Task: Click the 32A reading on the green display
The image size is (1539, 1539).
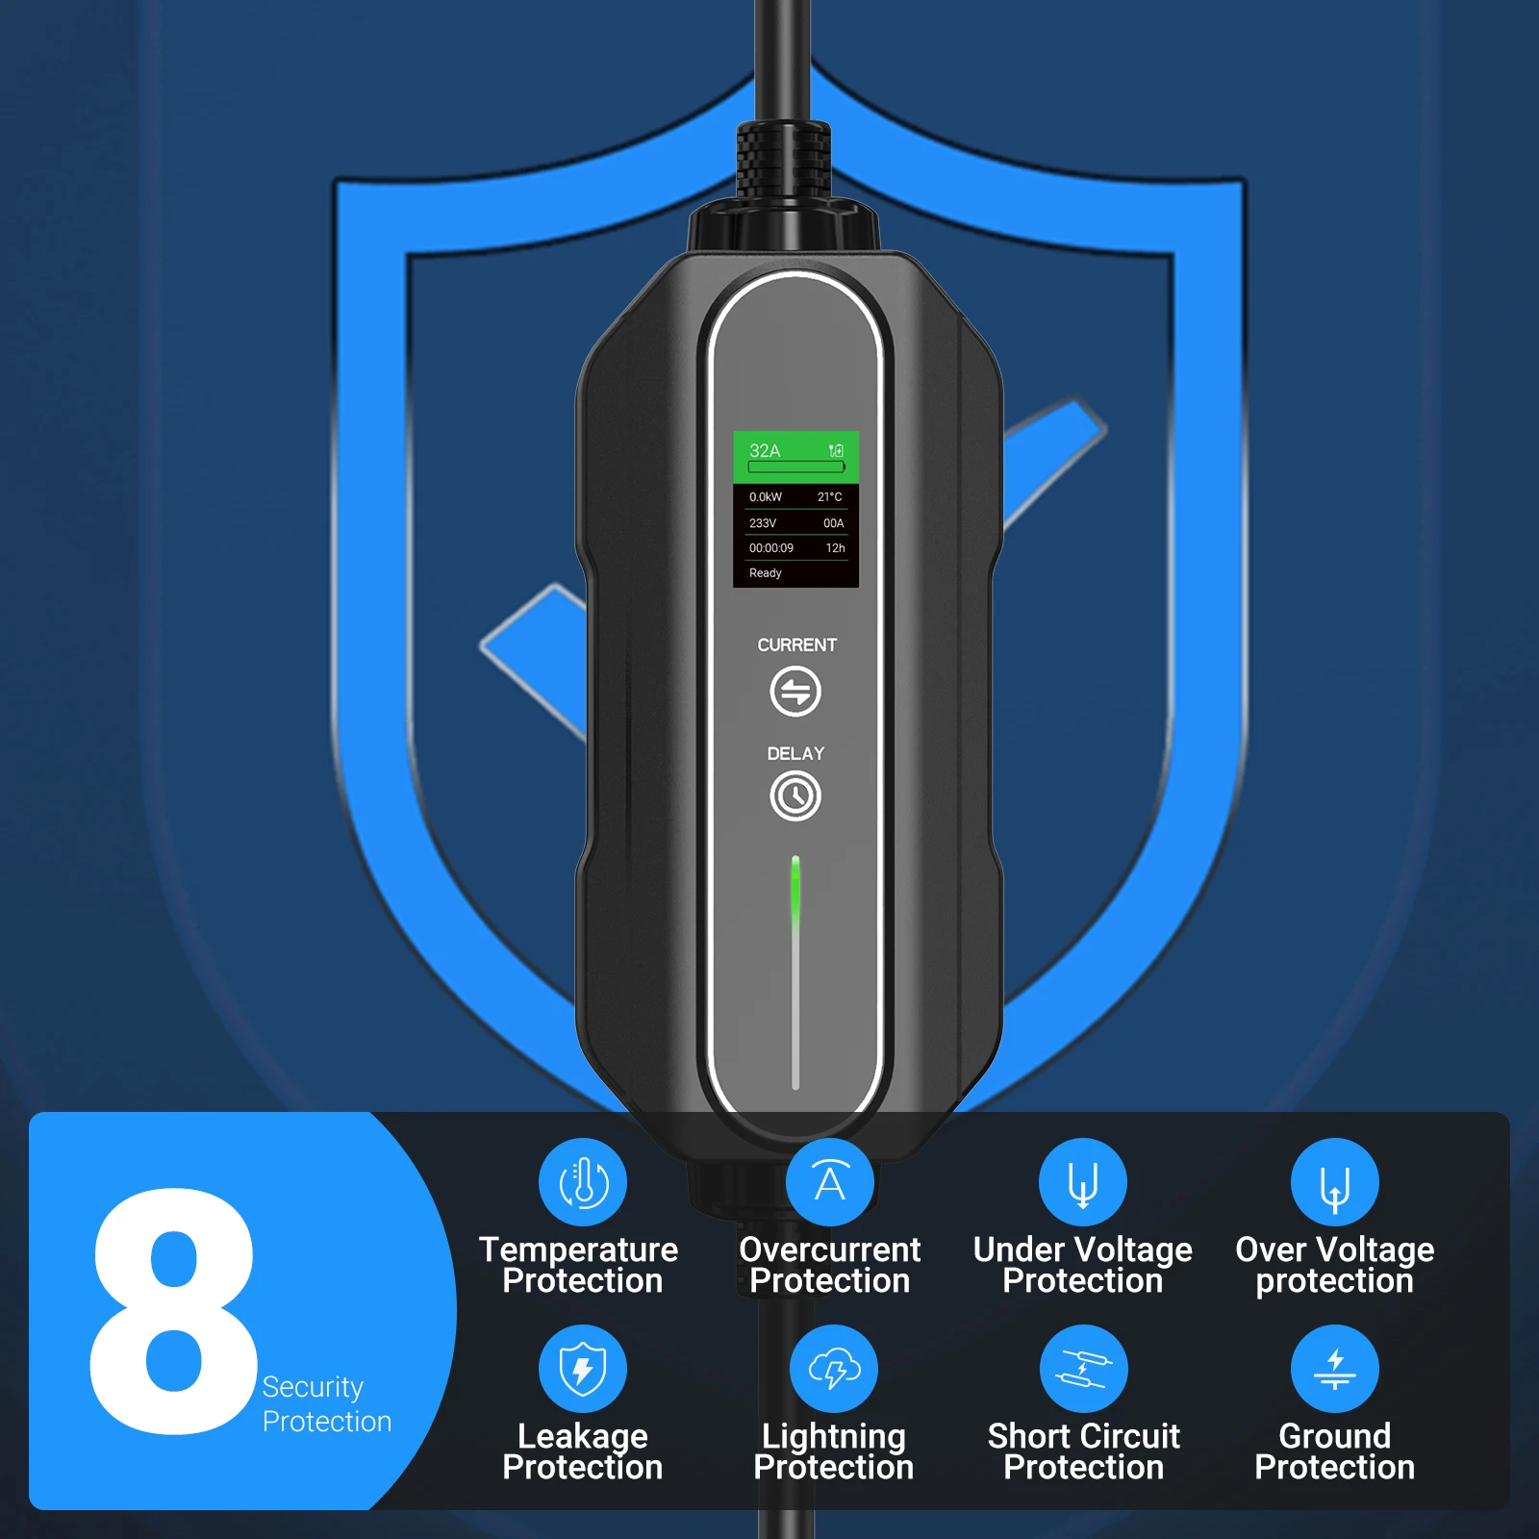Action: pyautogui.click(x=765, y=450)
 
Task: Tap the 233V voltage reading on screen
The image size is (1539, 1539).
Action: pyautogui.click(x=763, y=523)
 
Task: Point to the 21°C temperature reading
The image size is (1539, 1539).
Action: pyautogui.click(x=829, y=497)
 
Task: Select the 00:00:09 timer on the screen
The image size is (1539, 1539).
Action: pyautogui.click(x=771, y=548)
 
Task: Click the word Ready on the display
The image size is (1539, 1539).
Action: pyautogui.click(x=766, y=573)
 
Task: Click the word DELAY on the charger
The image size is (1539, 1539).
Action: pyautogui.click(x=795, y=753)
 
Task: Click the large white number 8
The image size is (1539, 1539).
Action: pyautogui.click(x=173, y=1313)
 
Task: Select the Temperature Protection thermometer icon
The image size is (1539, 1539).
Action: pyautogui.click(x=583, y=1182)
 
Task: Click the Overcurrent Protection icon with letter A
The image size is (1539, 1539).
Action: pyautogui.click(x=829, y=1182)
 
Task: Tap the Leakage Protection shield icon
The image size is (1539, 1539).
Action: pyautogui.click(x=583, y=1369)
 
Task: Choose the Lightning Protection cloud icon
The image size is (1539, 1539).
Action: pyautogui.click(x=833, y=1369)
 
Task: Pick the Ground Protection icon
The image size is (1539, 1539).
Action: pyautogui.click(x=1335, y=1369)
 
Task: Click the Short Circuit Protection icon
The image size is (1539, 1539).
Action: pyautogui.click(x=1084, y=1369)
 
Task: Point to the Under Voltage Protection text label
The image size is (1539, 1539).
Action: pyautogui.click(x=1083, y=1265)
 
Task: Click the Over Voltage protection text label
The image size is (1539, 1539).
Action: pyautogui.click(x=1335, y=1265)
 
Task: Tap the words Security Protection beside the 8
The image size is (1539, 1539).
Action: pyautogui.click(x=325, y=1404)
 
